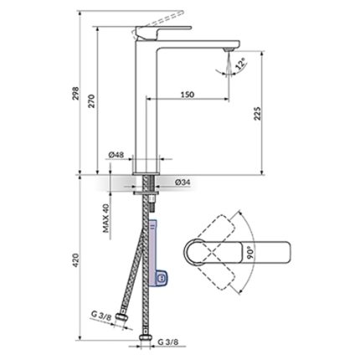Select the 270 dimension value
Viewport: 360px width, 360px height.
(x=92, y=101)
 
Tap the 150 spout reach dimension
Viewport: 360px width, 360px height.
(x=188, y=95)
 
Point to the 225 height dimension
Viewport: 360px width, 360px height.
(x=258, y=113)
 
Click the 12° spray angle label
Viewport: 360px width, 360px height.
(x=240, y=64)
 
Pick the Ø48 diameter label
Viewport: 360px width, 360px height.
(x=116, y=155)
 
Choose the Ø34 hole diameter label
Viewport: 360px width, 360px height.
(x=183, y=183)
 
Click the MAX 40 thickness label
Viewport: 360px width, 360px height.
(x=105, y=218)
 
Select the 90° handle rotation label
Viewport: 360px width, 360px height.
(x=250, y=252)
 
